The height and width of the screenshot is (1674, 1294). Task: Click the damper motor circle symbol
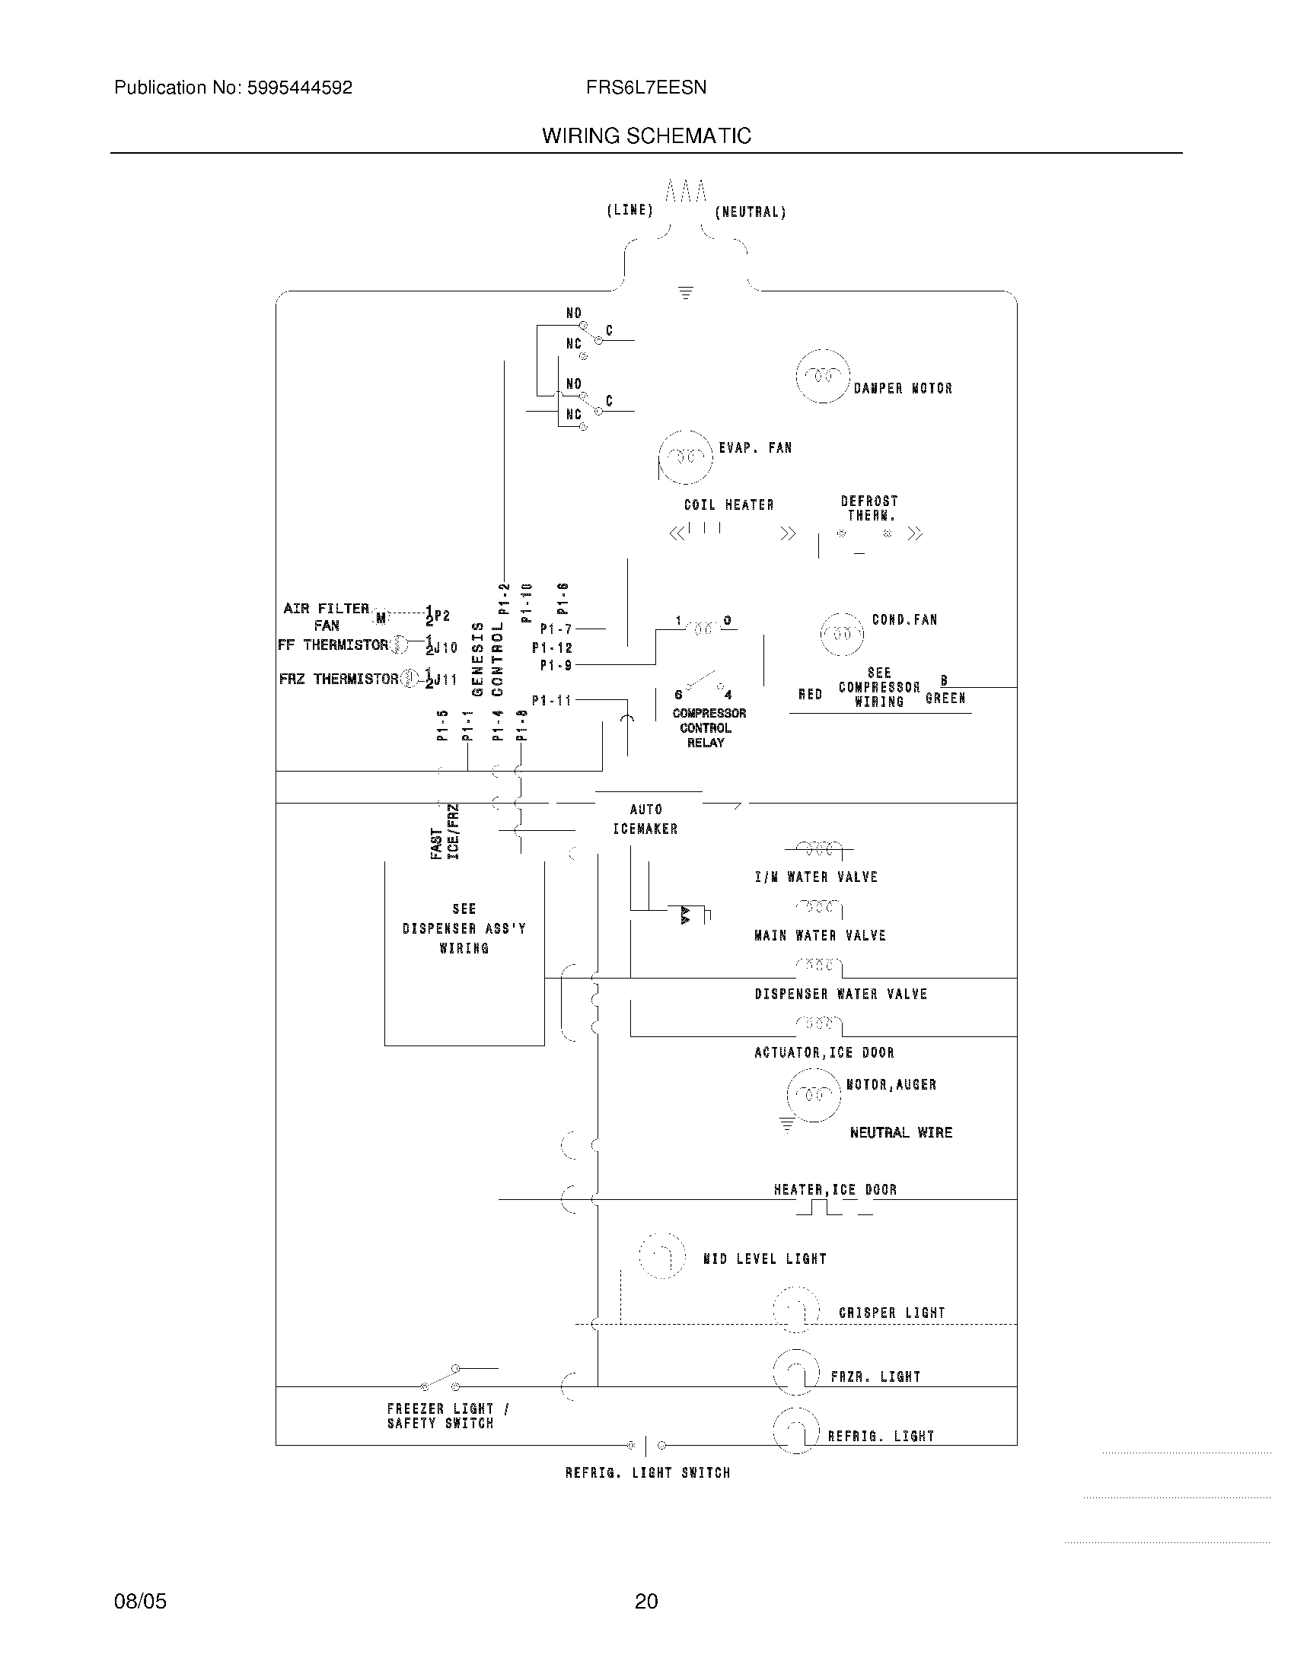tap(823, 376)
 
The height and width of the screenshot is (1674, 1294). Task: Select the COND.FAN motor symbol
tap(842, 634)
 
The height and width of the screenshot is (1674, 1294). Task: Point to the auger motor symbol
tap(814, 1094)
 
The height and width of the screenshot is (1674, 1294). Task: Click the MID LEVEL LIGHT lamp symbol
tap(661, 1255)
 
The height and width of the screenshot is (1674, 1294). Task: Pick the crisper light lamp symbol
tap(795, 1311)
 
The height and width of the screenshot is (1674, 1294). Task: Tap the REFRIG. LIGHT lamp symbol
tap(796, 1431)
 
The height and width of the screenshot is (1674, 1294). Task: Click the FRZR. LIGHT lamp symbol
tap(796, 1372)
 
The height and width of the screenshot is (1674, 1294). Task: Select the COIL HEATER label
tap(728, 505)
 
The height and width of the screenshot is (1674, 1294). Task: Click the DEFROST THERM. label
tap(869, 508)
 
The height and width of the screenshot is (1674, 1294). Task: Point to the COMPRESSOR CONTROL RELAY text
tap(709, 727)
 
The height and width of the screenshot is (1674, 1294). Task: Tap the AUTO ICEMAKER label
tap(645, 819)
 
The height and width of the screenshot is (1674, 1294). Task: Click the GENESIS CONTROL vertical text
tap(488, 659)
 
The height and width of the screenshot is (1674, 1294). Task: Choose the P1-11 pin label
tap(552, 700)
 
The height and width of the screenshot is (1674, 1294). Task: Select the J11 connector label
tap(445, 679)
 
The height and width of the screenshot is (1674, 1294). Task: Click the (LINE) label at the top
tap(629, 210)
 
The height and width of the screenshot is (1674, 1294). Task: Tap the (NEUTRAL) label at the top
tap(751, 212)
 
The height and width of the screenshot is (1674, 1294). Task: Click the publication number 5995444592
tap(299, 88)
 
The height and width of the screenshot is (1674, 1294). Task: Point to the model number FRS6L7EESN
tap(646, 88)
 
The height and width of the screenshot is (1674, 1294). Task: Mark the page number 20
tap(646, 1601)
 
